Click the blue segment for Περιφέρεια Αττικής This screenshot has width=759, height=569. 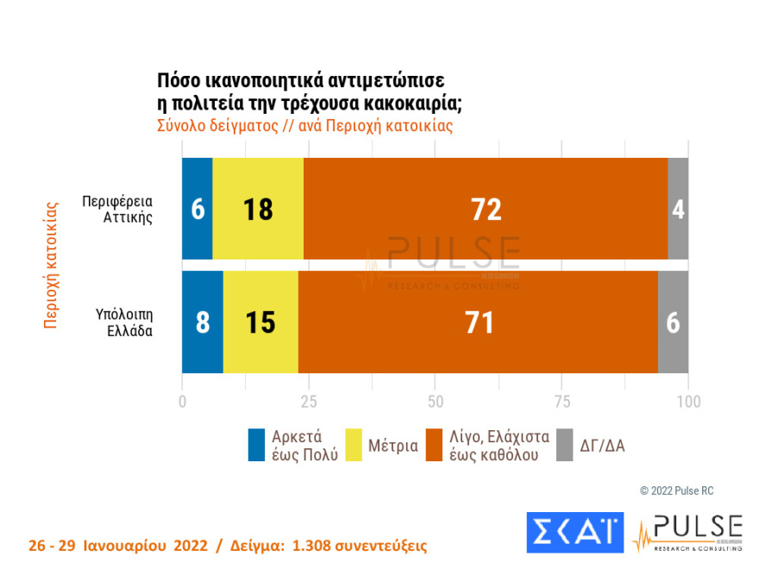[x=197, y=209]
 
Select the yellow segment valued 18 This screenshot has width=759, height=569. [x=258, y=209]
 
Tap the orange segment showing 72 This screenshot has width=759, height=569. [x=486, y=209]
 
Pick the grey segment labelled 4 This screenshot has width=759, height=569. [x=678, y=209]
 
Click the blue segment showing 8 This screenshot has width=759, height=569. [x=202, y=322]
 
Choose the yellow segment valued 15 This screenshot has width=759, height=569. [x=260, y=322]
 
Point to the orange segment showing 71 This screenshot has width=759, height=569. [x=478, y=322]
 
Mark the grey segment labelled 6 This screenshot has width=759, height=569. [x=673, y=322]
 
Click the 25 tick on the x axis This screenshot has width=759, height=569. [x=308, y=402]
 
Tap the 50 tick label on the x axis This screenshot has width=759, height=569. [x=435, y=402]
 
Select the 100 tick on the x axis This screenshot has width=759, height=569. [x=687, y=402]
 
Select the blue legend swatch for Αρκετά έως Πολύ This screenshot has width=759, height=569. [x=256, y=445]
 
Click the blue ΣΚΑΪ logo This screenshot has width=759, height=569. [x=574, y=532]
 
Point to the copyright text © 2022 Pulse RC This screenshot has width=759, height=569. [x=676, y=491]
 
